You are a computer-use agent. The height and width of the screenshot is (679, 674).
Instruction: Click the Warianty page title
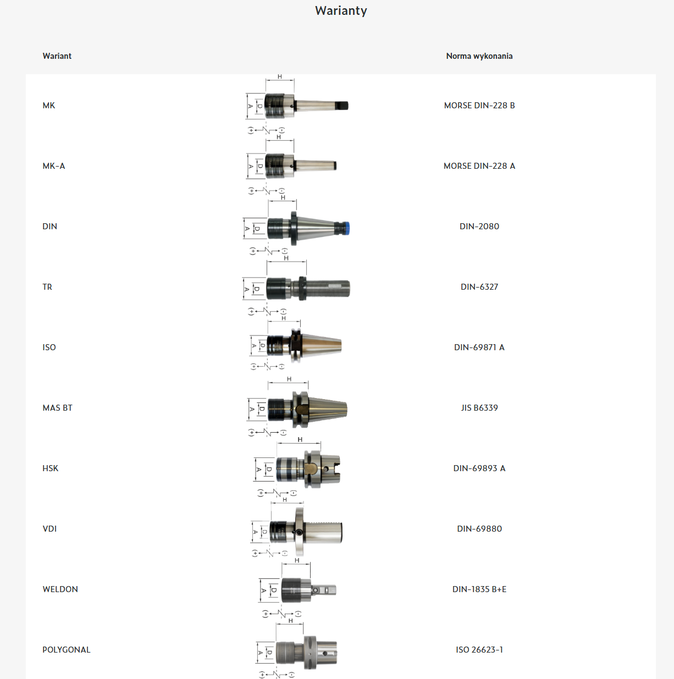coord(341,10)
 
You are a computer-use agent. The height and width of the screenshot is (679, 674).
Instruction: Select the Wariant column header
coord(57,56)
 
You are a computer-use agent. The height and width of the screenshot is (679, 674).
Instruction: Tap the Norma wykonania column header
coord(479,56)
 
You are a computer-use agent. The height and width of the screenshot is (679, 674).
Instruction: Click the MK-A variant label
coord(53,166)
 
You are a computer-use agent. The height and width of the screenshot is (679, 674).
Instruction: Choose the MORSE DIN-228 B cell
coord(479,106)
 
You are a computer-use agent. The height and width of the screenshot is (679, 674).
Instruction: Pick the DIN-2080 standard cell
coord(479,226)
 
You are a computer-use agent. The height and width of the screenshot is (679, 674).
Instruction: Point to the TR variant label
coord(47,287)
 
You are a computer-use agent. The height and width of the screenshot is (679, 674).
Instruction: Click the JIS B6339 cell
coord(479,408)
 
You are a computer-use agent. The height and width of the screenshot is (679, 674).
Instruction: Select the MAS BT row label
coord(58,408)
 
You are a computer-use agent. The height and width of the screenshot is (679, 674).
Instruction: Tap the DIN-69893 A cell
coord(479,468)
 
